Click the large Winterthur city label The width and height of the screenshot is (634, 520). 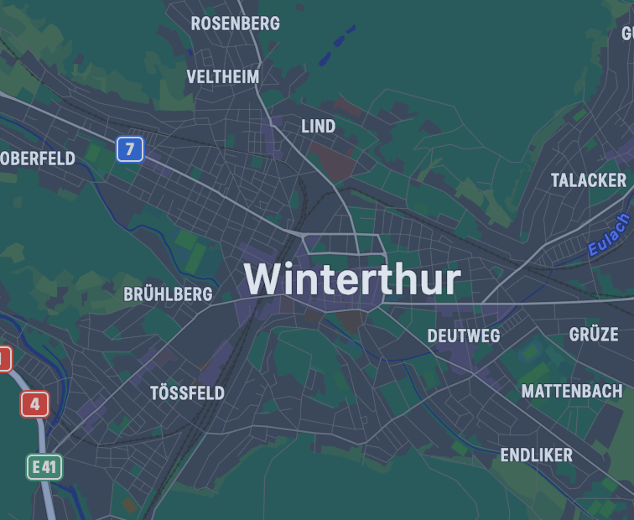click(352, 280)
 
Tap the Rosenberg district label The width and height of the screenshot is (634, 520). click(236, 23)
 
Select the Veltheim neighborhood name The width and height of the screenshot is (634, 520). click(223, 77)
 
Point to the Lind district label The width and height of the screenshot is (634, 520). click(319, 127)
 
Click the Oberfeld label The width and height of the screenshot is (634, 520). click(39, 159)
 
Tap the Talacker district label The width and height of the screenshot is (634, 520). click(589, 180)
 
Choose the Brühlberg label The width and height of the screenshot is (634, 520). click(168, 294)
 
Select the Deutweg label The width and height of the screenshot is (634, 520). click(464, 336)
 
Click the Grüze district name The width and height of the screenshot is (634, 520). click(594, 335)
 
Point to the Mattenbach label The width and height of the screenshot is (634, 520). click(572, 392)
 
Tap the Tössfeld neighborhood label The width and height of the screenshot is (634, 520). click(187, 393)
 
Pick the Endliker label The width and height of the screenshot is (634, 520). click(537, 455)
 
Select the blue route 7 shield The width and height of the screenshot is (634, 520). click(130, 150)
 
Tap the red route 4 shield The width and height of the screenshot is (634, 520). click(34, 404)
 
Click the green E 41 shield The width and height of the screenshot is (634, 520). click(44, 466)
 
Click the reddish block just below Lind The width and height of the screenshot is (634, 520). click(327, 156)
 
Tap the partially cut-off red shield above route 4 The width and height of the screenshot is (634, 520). click(4, 359)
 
